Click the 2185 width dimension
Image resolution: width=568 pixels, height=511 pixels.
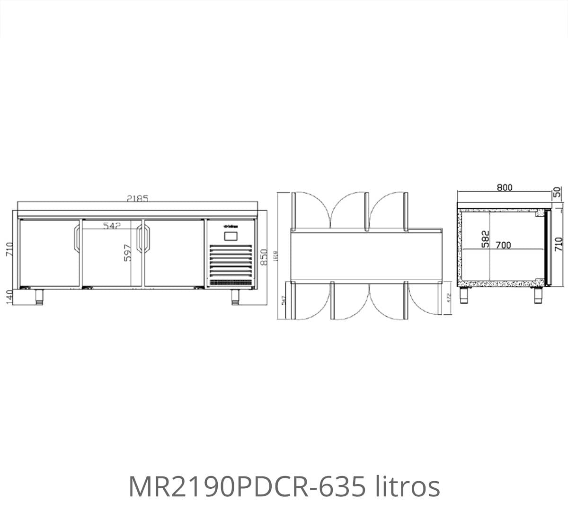coord(137,199)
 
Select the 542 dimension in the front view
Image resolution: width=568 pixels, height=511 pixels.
coord(111,226)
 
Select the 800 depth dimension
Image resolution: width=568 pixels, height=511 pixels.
coord(505,187)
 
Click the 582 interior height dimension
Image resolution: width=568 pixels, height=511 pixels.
coord(484,238)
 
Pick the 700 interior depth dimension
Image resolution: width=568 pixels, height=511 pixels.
coord(503,245)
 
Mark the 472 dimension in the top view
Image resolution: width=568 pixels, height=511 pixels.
coord(449,298)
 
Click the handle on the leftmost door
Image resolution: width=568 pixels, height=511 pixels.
coord(76,239)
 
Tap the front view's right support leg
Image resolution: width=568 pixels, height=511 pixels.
coord(235,296)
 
